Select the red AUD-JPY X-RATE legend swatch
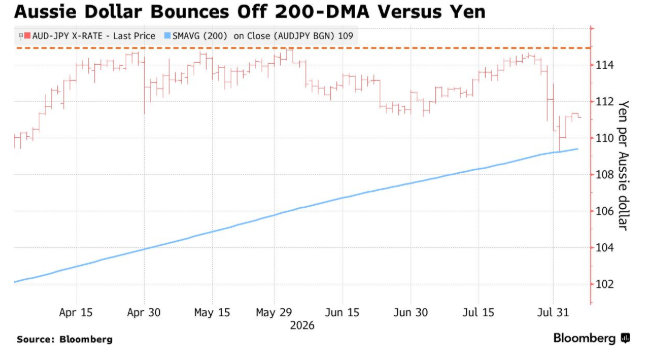(x=27, y=36)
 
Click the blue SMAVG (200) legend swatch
(x=167, y=36)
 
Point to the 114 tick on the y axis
(x=605, y=65)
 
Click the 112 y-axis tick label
(x=605, y=102)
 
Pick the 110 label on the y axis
(x=605, y=138)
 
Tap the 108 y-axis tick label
(x=605, y=175)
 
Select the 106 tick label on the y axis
(x=605, y=211)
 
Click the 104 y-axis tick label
(x=605, y=248)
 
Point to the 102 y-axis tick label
(x=605, y=284)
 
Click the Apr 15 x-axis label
(x=76, y=313)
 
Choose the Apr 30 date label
(x=144, y=313)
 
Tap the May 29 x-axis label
(x=274, y=313)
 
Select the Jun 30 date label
(x=410, y=313)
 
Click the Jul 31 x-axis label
(x=553, y=313)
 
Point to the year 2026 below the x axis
(x=302, y=326)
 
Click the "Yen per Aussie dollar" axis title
(x=623, y=165)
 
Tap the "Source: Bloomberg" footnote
(x=65, y=339)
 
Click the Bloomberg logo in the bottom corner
(x=592, y=338)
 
